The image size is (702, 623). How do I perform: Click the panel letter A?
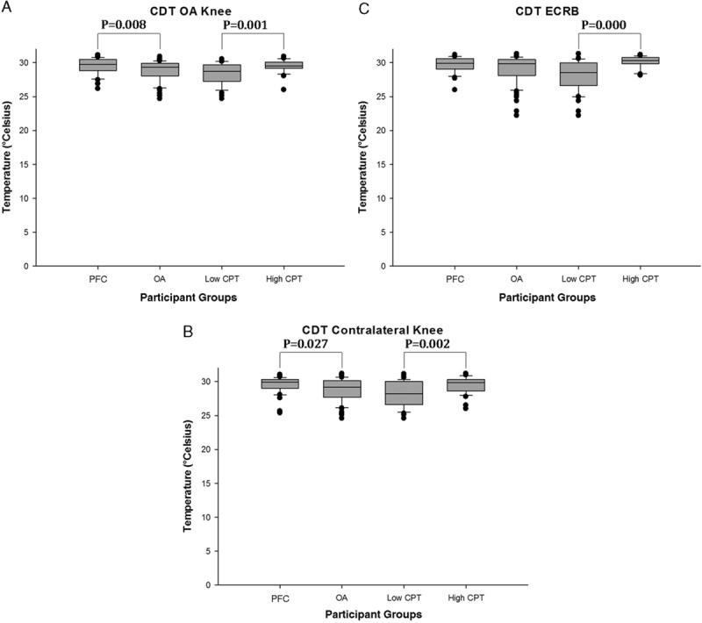(6, 8)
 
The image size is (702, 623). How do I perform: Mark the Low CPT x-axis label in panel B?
(404, 598)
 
